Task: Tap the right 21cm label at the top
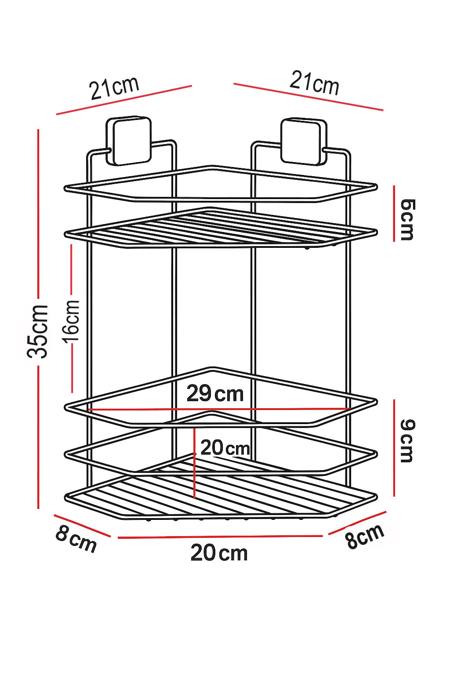(315, 83)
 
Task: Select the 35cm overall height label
(37, 331)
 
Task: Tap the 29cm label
(215, 393)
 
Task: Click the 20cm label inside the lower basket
(225, 448)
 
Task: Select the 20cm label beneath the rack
(219, 553)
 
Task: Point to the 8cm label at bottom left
(76, 539)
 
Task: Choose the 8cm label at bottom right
(365, 536)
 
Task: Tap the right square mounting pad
(304, 142)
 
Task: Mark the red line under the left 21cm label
(124, 100)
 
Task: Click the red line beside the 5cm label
(394, 213)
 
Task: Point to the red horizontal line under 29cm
(220, 409)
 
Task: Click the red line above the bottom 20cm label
(220, 537)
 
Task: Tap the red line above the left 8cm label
(82, 526)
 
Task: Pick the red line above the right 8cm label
(357, 523)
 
